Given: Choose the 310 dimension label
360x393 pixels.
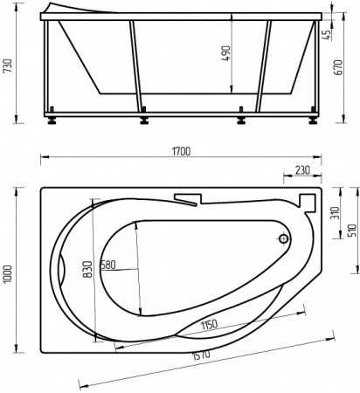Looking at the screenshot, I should [x=334, y=214].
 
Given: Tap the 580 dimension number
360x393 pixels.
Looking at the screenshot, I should [x=107, y=264].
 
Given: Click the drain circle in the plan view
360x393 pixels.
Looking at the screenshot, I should [x=283, y=238].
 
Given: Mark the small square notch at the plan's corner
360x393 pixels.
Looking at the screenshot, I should [x=305, y=200].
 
